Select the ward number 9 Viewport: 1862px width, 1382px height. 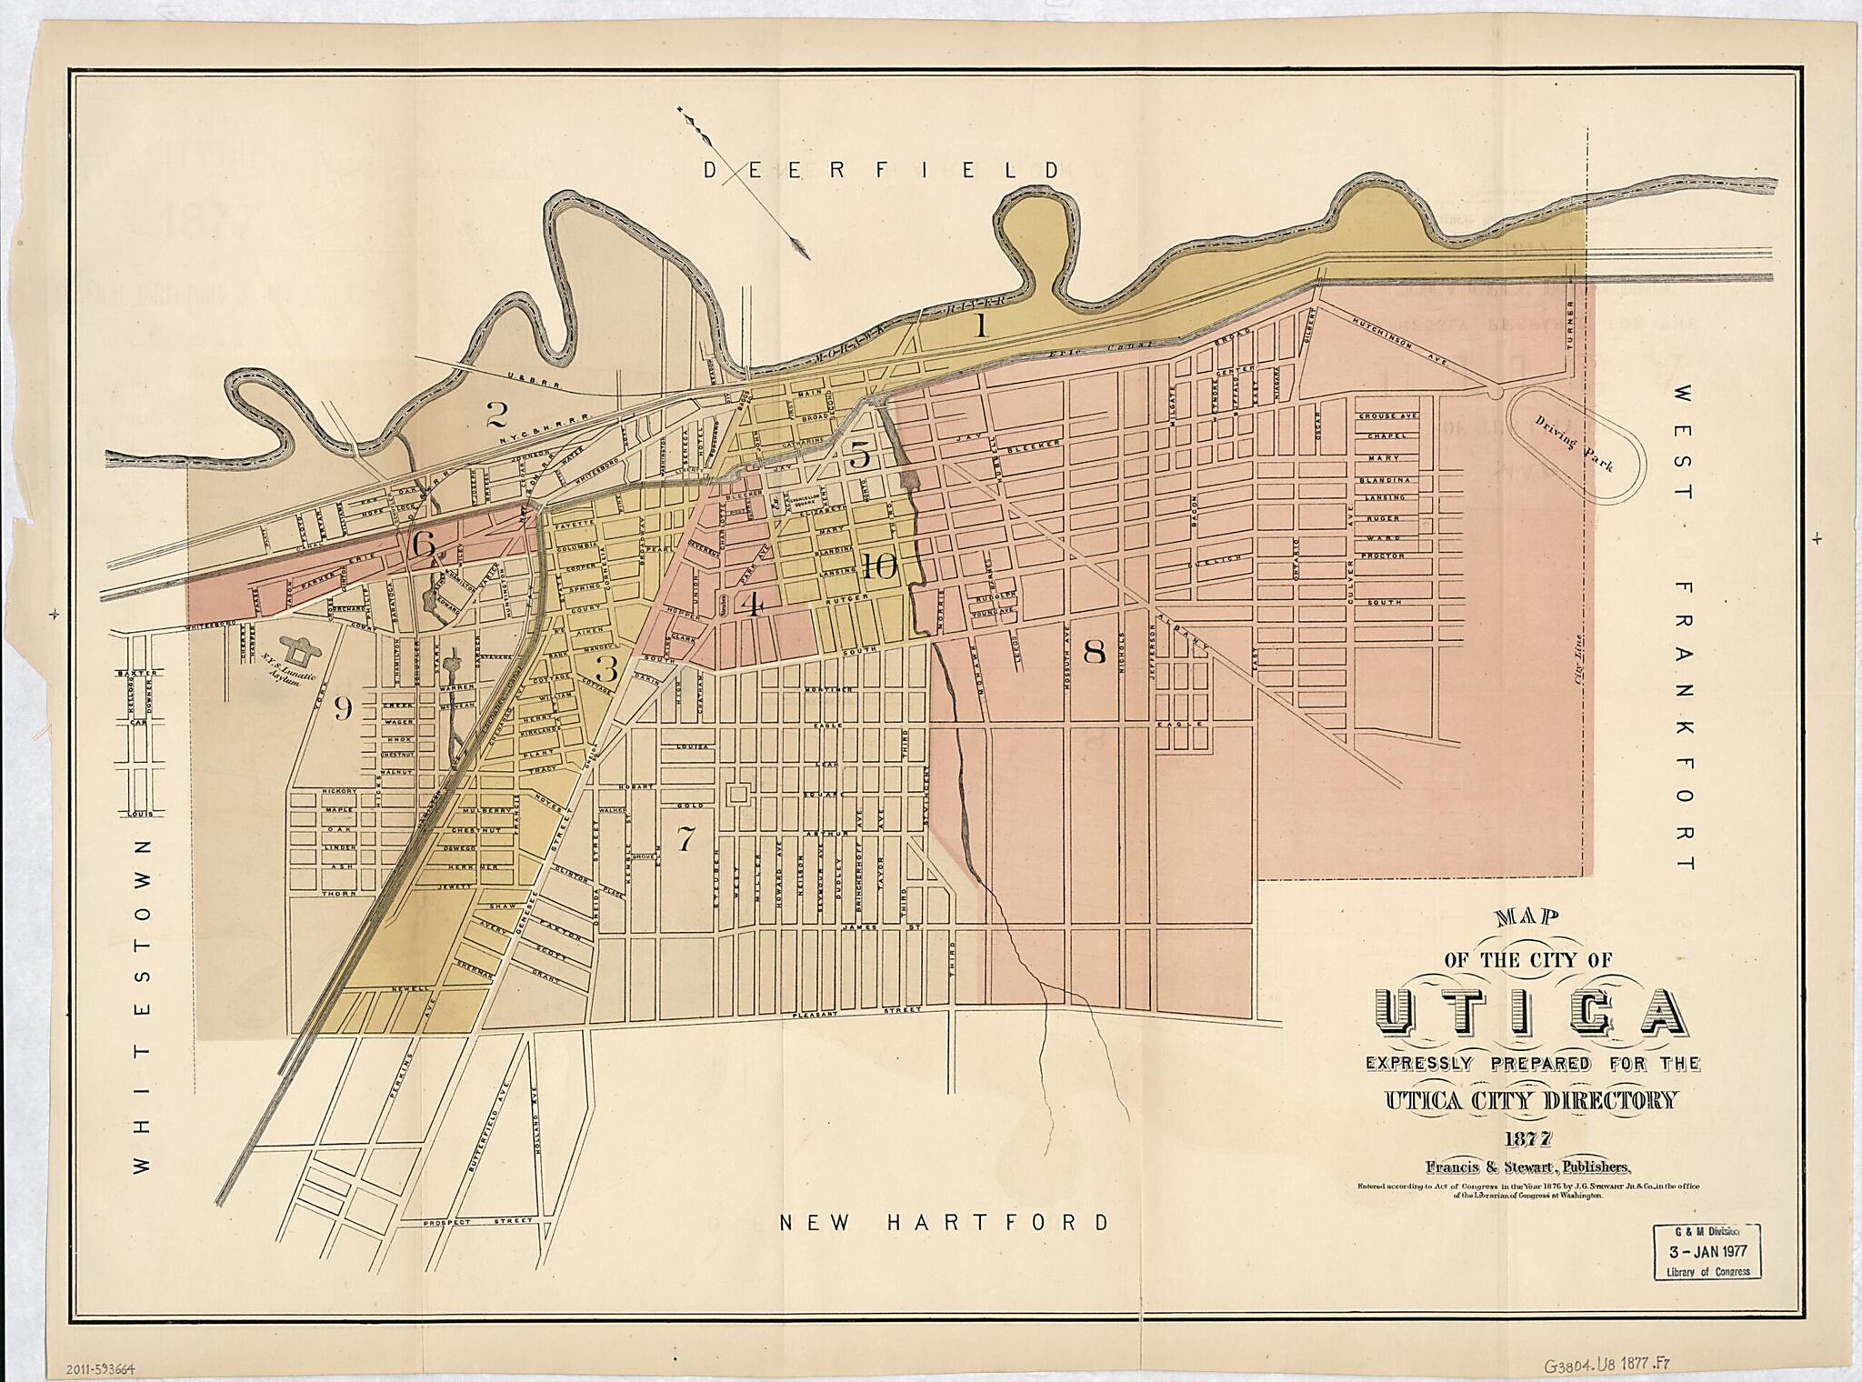[x=342, y=706]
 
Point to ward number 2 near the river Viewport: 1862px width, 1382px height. [x=496, y=416]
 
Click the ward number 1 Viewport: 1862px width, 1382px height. [x=980, y=326]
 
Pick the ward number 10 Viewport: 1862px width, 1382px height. [x=880, y=567]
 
